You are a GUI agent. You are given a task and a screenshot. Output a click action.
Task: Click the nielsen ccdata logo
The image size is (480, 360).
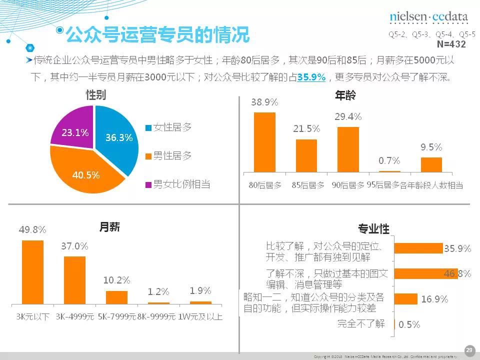[428, 17]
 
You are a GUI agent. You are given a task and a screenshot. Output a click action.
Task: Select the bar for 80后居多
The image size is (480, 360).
[264, 142]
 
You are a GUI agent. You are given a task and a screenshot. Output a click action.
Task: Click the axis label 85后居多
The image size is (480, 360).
[306, 185]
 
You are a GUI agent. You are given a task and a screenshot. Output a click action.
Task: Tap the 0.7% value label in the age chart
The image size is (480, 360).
[389, 160]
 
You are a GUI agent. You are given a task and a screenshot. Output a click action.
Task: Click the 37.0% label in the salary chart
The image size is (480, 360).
[74, 246]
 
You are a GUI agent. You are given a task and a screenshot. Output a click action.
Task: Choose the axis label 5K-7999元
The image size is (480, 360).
[116, 316]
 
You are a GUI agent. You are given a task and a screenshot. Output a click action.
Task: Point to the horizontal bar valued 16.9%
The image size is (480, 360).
[405, 299]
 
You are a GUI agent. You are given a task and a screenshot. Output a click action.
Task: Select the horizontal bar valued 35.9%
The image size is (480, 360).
[418, 248]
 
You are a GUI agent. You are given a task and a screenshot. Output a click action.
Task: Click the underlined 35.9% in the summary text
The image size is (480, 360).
[311, 77]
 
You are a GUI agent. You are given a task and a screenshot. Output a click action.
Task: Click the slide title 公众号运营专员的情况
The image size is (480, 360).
[157, 35]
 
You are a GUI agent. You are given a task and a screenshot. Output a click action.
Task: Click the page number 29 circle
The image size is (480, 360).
[469, 350]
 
